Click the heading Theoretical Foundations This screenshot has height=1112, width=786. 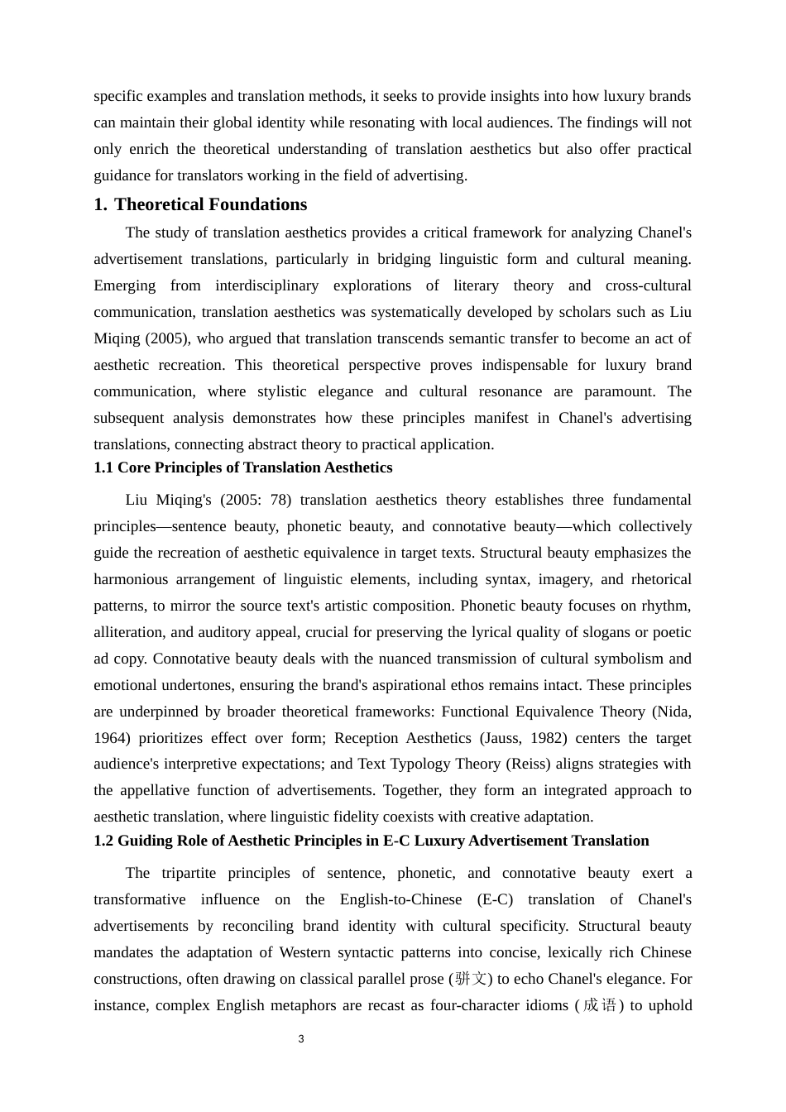[x=210, y=204]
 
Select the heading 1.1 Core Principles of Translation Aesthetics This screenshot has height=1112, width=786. [x=242, y=467]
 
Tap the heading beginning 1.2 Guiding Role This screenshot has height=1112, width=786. [x=371, y=841]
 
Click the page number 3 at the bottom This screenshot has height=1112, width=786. [x=301, y=1039]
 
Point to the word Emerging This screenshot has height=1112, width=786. [x=124, y=285]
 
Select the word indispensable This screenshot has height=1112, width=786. [x=525, y=365]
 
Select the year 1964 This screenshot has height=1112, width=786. [x=110, y=738]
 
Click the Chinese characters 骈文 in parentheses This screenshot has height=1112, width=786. [x=471, y=979]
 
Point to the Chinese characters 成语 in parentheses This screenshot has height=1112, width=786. [x=600, y=1005]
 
